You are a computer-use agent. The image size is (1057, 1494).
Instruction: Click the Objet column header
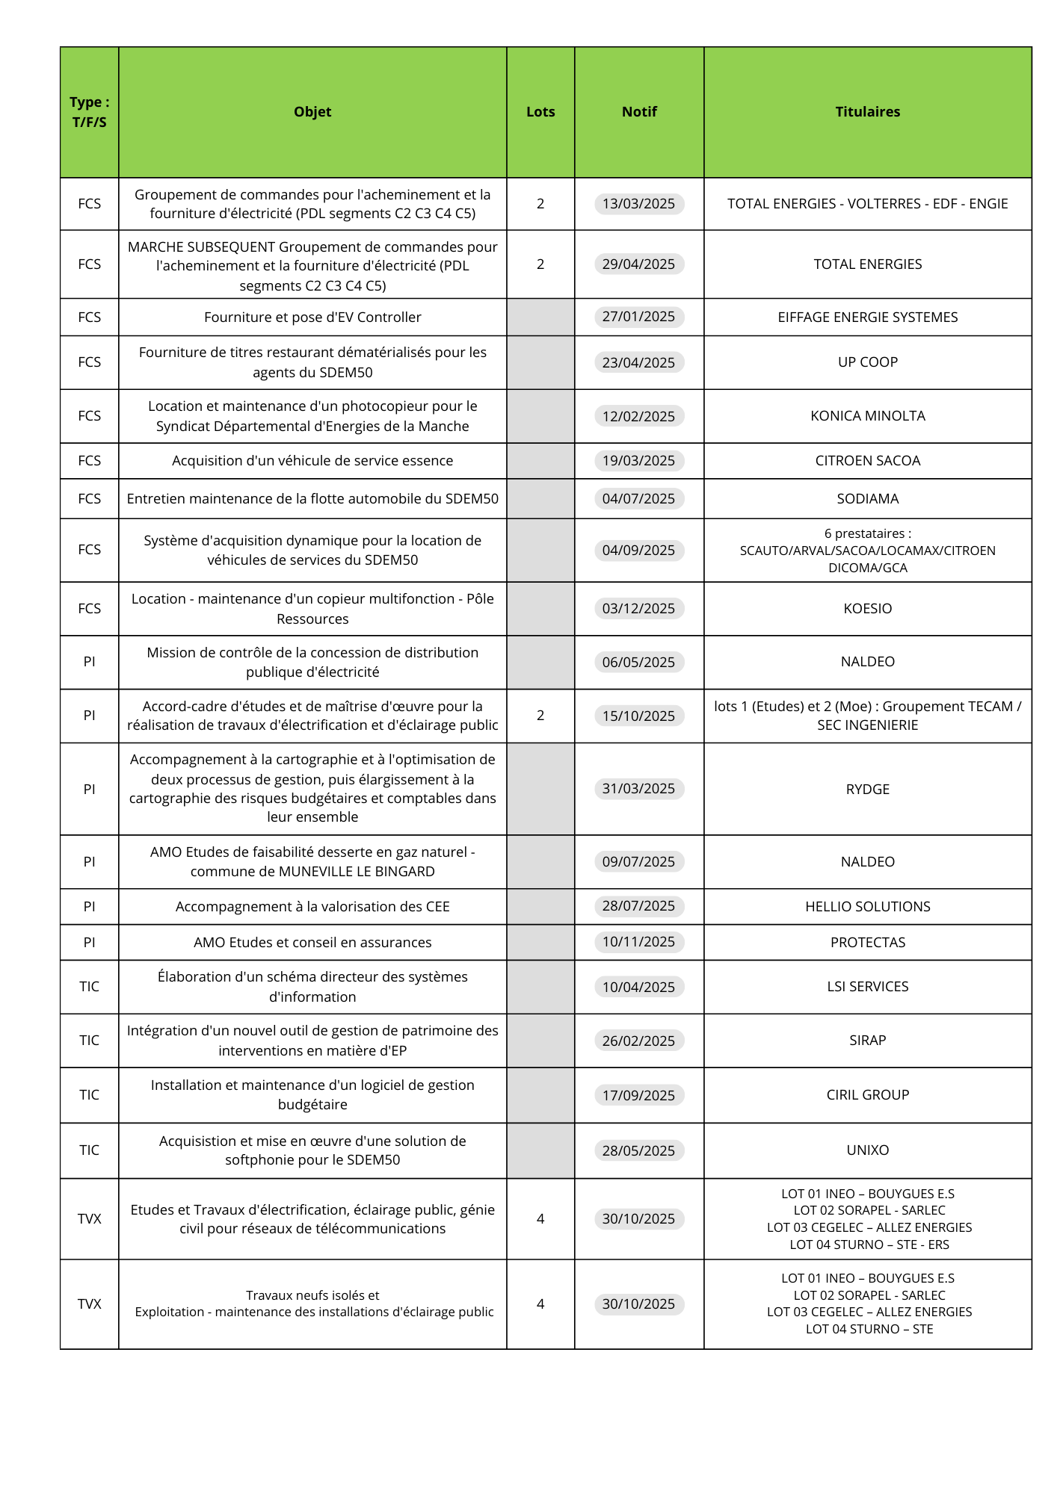pyautogui.click(x=312, y=112)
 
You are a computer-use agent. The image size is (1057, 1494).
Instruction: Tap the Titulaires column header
pyautogui.click(x=867, y=112)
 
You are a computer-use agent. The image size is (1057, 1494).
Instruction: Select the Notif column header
pyautogui.click(x=639, y=112)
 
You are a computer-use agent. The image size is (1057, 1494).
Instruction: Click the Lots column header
pyautogui.click(x=540, y=112)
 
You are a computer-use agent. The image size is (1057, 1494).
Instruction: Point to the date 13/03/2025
pyautogui.click(x=638, y=204)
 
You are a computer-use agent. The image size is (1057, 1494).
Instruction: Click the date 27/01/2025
pyautogui.click(x=638, y=317)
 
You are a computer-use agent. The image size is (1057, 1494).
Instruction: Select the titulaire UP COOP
pyautogui.click(x=867, y=362)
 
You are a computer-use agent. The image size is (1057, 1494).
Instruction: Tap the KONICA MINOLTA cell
pyautogui.click(x=867, y=416)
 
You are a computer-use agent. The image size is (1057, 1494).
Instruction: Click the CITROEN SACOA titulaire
pyautogui.click(x=867, y=461)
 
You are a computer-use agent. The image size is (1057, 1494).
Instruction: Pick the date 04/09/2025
pyautogui.click(x=638, y=551)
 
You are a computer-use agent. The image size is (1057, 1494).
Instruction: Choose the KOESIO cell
pyautogui.click(x=867, y=609)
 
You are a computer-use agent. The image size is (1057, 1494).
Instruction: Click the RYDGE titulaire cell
pyautogui.click(x=867, y=789)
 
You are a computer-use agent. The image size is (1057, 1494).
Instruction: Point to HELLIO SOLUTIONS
pyautogui.click(x=867, y=906)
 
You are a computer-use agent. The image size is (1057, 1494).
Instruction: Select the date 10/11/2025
pyautogui.click(x=638, y=942)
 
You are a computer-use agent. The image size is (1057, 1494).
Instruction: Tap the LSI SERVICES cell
pyautogui.click(x=867, y=987)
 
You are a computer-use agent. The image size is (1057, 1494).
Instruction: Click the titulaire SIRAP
pyautogui.click(x=867, y=1041)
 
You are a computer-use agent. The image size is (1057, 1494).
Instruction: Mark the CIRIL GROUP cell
pyautogui.click(x=867, y=1095)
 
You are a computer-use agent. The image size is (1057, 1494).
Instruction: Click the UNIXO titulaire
pyautogui.click(x=867, y=1150)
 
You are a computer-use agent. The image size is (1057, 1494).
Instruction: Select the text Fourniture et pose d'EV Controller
pyautogui.click(x=312, y=317)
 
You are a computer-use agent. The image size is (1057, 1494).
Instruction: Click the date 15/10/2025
pyautogui.click(x=638, y=716)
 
